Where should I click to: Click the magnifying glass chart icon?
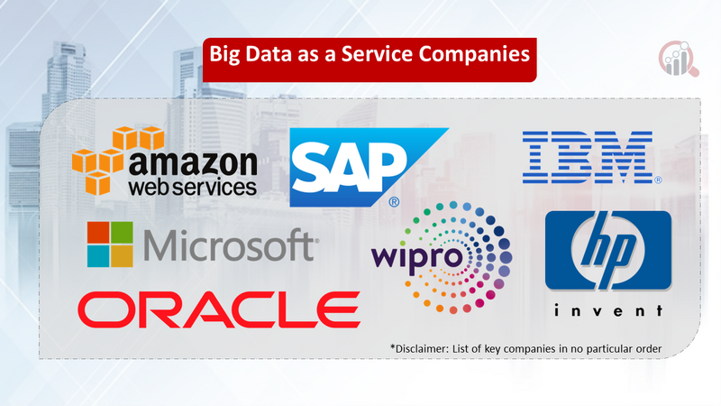click(679, 59)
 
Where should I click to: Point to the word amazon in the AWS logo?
click(193, 162)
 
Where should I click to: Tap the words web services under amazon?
click(193, 187)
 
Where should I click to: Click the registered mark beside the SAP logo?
click(394, 201)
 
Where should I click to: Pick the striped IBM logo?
click(588, 157)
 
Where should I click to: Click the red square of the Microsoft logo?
click(97, 232)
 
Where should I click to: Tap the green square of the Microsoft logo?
click(123, 232)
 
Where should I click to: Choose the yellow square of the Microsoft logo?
click(123, 257)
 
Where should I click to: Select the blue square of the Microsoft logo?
click(97, 257)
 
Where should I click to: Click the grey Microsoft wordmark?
click(231, 245)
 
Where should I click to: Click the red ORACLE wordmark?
click(219, 309)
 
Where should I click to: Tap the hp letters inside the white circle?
click(608, 251)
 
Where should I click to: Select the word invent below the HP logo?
click(607, 310)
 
